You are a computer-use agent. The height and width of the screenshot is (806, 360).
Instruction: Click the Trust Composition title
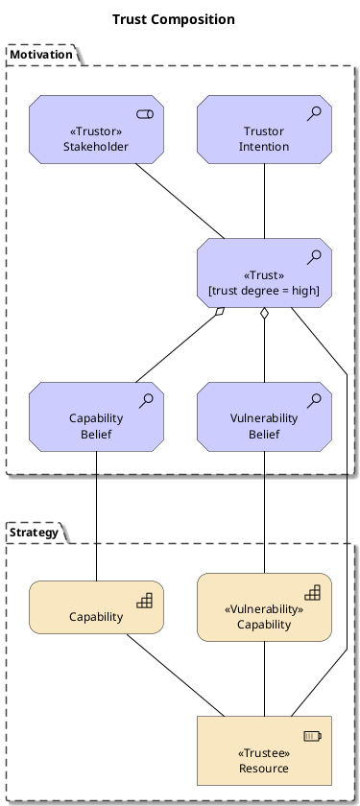pyautogui.click(x=174, y=19)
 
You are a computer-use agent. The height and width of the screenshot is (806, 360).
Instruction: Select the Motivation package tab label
pyautogui.click(x=41, y=55)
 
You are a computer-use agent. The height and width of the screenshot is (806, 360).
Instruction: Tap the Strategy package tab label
pyautogui.click(x=34, y=532)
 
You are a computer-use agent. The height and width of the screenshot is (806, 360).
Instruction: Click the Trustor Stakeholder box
pyautogui.click(x=96, y=130)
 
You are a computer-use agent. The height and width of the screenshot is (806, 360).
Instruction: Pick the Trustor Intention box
pyautogui.click(x=264, y=130)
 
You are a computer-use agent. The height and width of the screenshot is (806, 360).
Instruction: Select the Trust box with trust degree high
pyautogui.click(x=264, y=273)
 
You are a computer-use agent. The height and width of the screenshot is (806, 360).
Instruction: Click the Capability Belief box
pyautogui.click(x=96, y=416)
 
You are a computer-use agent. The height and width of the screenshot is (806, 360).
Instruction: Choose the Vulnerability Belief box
pyautogui.click(x=264, y=416)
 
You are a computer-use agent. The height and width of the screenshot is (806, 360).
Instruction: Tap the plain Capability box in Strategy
pyautogui.click(x=96, y=607)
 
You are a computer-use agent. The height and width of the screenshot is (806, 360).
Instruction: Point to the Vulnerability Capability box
pyautogui.click(x=264, y=607)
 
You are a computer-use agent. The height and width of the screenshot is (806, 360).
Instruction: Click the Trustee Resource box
pyautogui.click(x=264, y=750)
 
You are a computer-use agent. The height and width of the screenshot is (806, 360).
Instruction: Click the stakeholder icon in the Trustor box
pyautogui.click(x=145, y=114)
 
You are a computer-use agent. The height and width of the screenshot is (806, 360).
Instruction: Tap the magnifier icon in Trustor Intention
pyautogui.click(x=314, y=113)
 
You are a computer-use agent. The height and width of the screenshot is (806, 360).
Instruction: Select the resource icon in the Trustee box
pyautogui.click(x=313, y=736)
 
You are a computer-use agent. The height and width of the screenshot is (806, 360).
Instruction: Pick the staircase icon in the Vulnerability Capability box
pyautogui.click(x=313, y=592)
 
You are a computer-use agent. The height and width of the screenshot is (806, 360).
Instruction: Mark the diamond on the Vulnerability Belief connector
pyautogui.click(x=264, y=314)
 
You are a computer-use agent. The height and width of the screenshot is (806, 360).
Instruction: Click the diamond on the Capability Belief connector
pyautogui.click(x=220, y=312)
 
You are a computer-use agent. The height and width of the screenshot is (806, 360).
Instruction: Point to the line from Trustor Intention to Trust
pyautogui.click(x=264, y=201)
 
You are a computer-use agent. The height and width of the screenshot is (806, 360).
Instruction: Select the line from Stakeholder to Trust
pyautogui.click(x=180, y=201)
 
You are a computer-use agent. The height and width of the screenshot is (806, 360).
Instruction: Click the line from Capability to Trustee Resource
pyautogui.click(x=176, y=675)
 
